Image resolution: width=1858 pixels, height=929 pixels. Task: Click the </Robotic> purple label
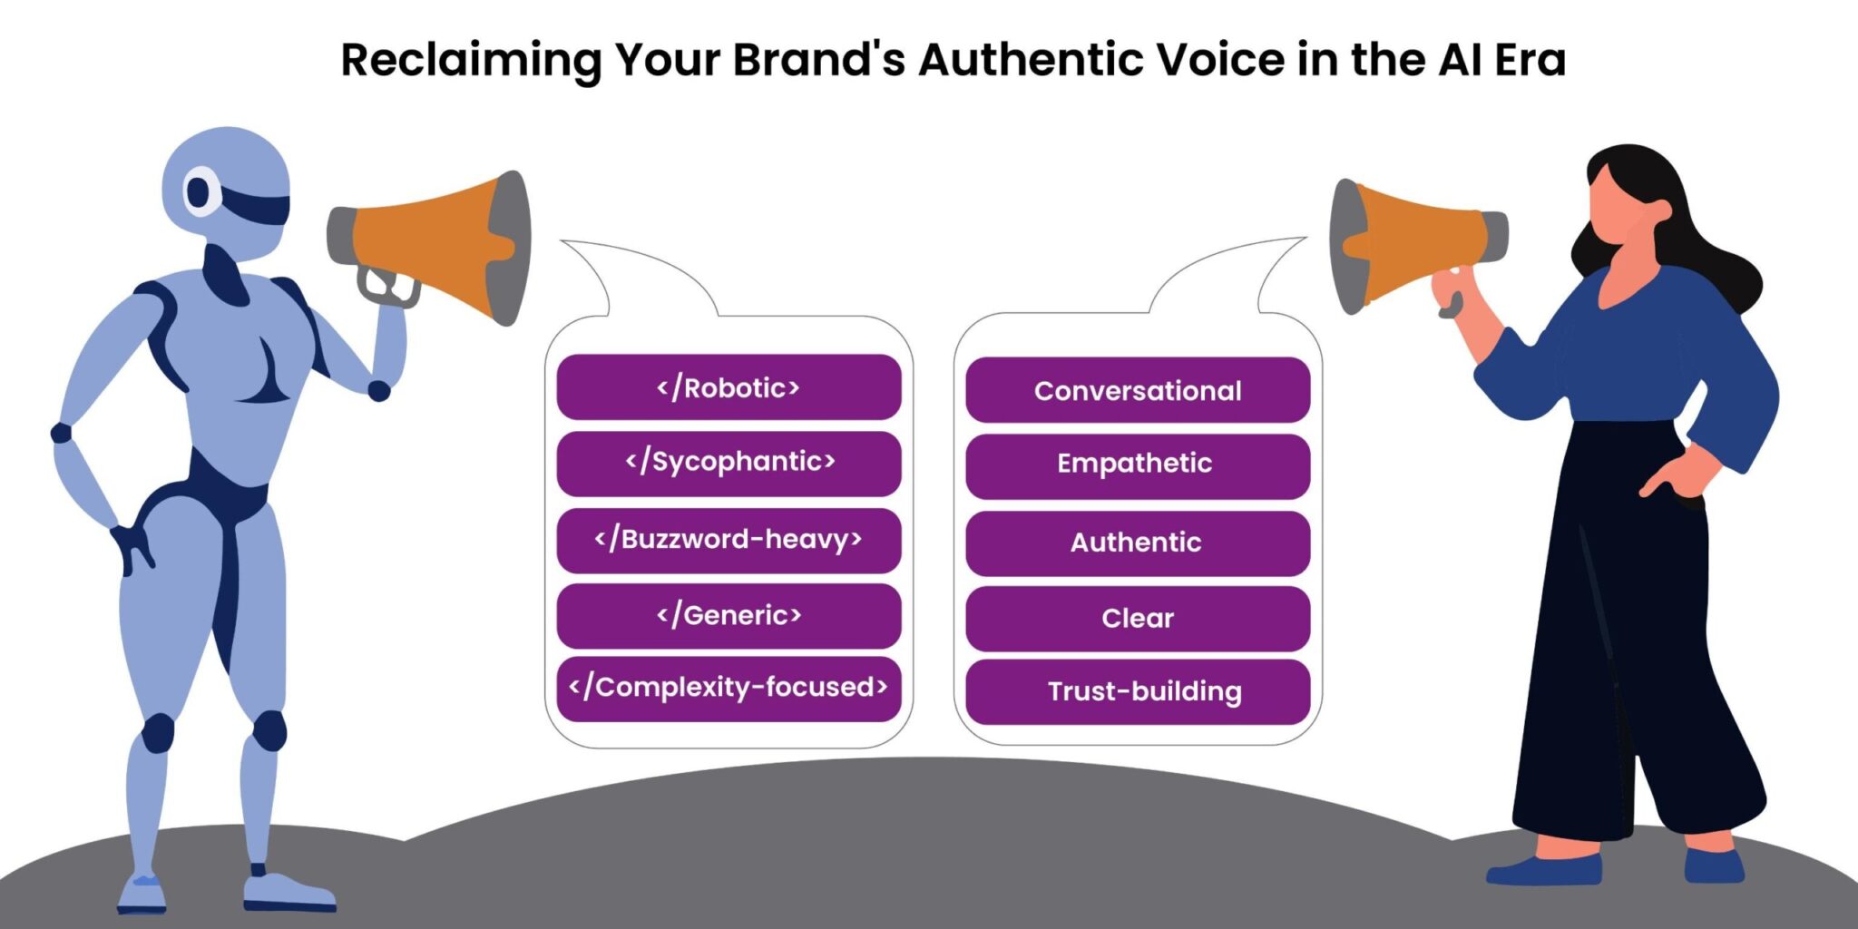(729, 387)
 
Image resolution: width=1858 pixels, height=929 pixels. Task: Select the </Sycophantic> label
(729, 464)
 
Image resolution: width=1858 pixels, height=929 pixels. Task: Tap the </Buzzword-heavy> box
(729, 541)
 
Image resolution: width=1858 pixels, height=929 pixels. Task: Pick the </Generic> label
(729, 616)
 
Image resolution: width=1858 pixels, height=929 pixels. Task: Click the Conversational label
(1138, 390)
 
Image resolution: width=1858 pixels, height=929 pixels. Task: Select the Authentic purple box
(1138, 543)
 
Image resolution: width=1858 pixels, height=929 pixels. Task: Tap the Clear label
(1138, 619)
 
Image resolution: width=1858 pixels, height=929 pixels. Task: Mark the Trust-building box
(1138, 692)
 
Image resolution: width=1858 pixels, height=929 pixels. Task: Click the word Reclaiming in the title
(471, 61)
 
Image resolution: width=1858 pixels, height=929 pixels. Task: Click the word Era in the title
(1530, 60)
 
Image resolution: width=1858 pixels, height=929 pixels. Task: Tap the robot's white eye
(200, 191)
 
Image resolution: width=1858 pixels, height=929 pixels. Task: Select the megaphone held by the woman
(1415, 246)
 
